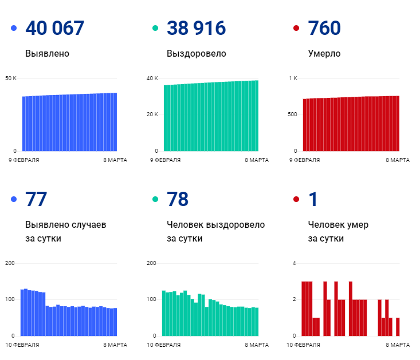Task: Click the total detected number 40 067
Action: [x=55, y=28]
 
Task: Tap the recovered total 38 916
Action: [x=196, y=28]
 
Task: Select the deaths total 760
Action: [x=324, y=28]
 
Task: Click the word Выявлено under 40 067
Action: [x=47, y=53]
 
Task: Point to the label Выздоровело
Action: [x=197, y=53]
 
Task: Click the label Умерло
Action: [x=324, y=53]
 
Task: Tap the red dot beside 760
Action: [x=296, y=28]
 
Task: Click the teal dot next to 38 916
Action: [x=155, y=28]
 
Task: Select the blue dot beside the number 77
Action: [x=14, y=199]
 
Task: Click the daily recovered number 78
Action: [x=177, y=199]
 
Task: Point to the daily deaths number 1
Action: [x=313, y=199]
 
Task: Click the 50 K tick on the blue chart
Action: [x=11, y=78]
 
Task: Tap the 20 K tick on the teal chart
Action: [x=152, y=114]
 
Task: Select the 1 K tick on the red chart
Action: [x=293, y=78]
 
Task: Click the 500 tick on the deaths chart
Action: [x=292, y=114]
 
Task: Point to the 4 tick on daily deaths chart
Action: [x=294, y=263]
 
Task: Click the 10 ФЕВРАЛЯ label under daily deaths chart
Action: [x=303, y=345]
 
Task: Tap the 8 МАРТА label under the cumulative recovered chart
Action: [x=257, y=160]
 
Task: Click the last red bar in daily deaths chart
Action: [x=398, y=327]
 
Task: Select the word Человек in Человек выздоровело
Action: [x=185, y=225]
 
